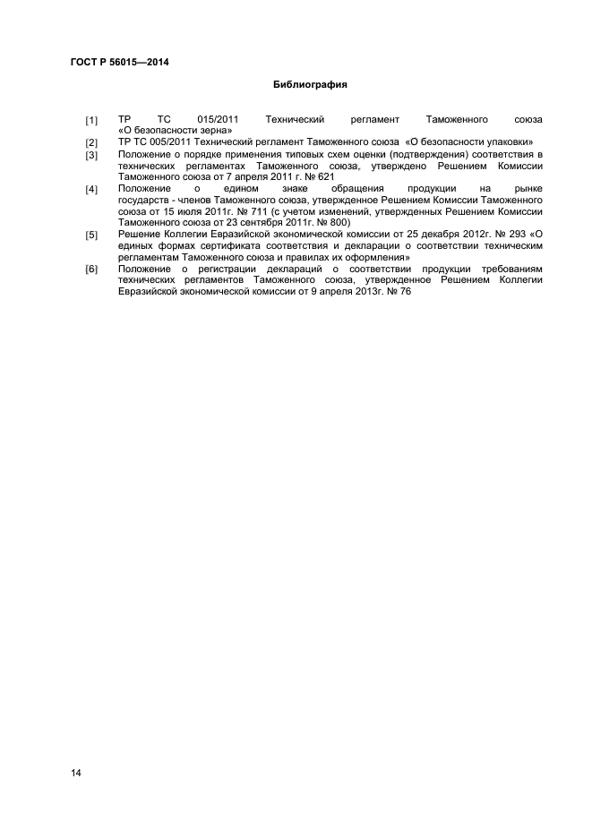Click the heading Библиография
pos(309,86)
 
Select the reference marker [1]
pos(91,120)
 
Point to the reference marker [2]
pos(91,143)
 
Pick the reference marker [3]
pos(91,155)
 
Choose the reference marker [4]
pos(91,189)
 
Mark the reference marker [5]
pos(91,235)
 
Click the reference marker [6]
pos(91,269)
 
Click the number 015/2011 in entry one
pos(216,119)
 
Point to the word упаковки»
pos(506,142)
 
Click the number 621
pos(324,177)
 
